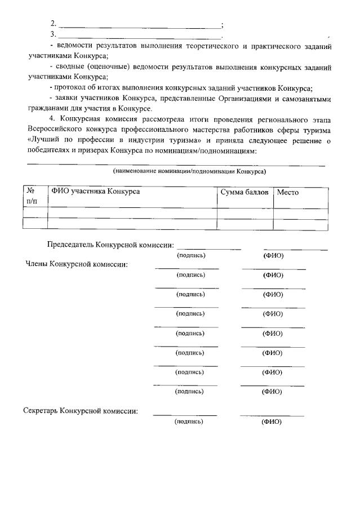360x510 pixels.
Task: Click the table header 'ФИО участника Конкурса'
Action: [95, 192]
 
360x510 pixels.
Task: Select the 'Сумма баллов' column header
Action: [245, 192]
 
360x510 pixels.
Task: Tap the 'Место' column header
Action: [287, 192]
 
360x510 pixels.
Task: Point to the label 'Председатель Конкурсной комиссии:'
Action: [110, 245]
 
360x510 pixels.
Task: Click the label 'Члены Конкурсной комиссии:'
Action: [76, 264]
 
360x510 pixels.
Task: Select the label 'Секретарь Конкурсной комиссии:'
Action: [81, 411]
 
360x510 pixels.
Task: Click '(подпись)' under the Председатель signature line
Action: [191, 255]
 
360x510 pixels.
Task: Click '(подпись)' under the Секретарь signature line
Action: [189, 422]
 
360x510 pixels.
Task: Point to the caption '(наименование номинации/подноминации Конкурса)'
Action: [189, 171]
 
